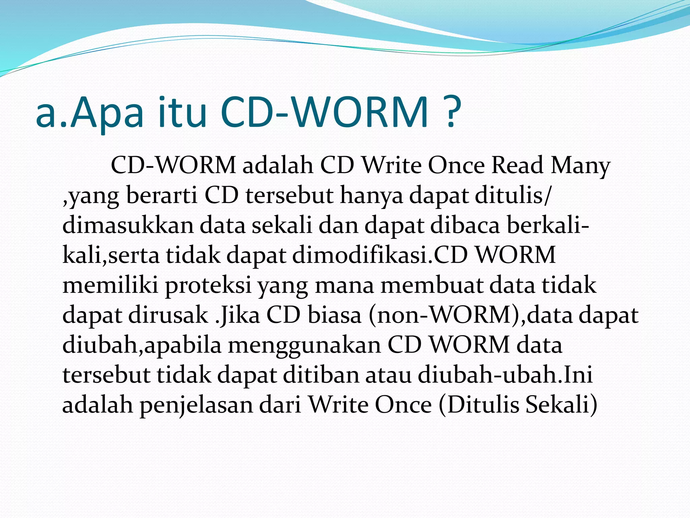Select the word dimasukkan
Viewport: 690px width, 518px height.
[x=128, y=225]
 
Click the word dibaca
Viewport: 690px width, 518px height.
[x=465, y=225]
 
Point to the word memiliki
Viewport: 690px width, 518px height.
[x=110, y=285]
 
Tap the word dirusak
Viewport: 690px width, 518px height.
[x=168, y=315]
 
